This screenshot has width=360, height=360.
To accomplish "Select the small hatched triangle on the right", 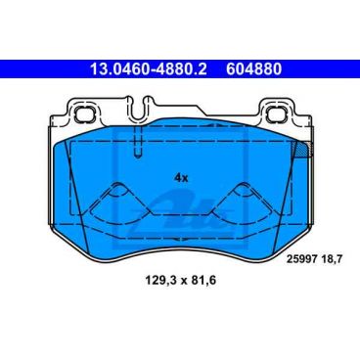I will pyautogui.click(x=302, y=148).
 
